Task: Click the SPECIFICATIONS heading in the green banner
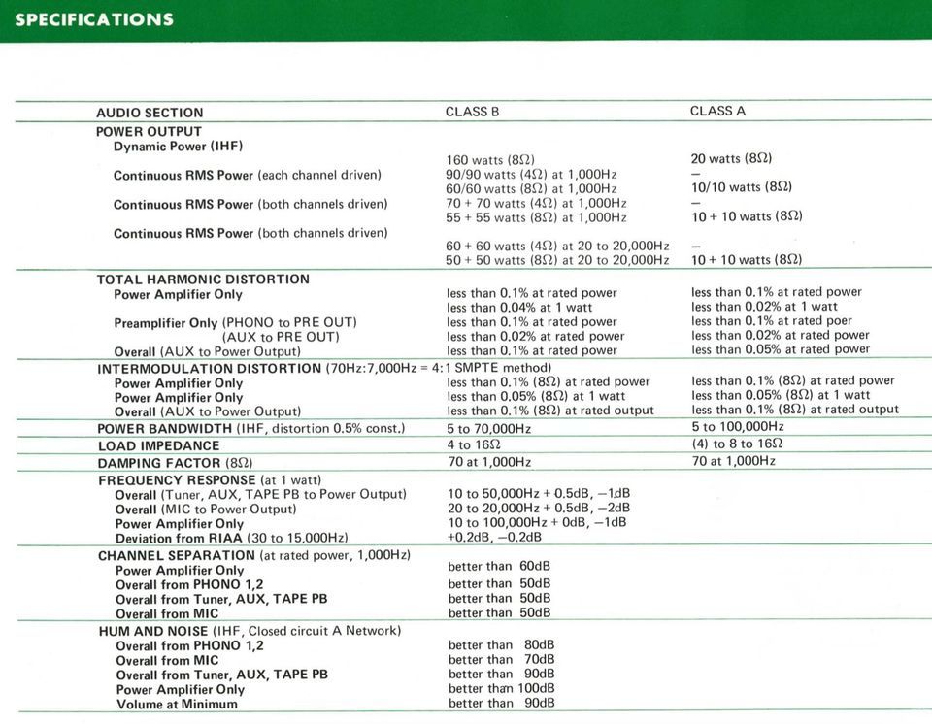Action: point(94,19)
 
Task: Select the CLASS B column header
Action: point(472,112)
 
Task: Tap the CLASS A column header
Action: point(717,111)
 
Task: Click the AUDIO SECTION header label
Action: point(150,113)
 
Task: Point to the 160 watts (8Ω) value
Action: point(490,160)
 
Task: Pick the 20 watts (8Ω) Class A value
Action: point(731,158)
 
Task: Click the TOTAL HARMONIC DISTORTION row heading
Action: point(203,280)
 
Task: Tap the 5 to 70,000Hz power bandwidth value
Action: point(488,428)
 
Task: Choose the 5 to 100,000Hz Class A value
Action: point(737,426)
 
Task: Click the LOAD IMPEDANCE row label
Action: point(158,446)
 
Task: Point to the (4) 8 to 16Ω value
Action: point(737,444)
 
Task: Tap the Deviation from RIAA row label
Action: point(231,538)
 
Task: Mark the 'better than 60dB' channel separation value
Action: point(499,566)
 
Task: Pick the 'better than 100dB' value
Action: point(501,688)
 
